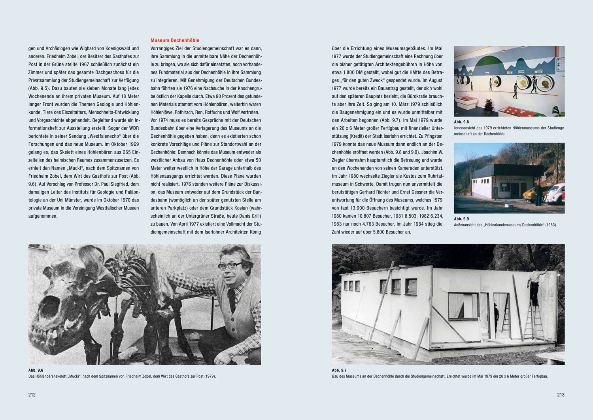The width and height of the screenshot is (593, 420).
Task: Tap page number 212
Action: tap(32, 395)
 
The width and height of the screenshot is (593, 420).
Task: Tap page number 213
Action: tap(561, 395)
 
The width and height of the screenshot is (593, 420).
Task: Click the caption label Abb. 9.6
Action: tap(36, 370)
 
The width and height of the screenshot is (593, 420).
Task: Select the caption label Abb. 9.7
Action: tap(339, 370)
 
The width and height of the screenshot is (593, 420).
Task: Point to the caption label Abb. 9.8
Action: tap(461, 122)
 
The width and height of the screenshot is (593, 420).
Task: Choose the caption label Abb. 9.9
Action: tap(461, 219)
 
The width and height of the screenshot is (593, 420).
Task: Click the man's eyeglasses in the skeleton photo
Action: tap(230, 266)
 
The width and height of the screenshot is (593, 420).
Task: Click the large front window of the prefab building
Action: tap(463, 306)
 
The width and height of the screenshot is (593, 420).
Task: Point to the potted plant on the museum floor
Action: tap(489, 105)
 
